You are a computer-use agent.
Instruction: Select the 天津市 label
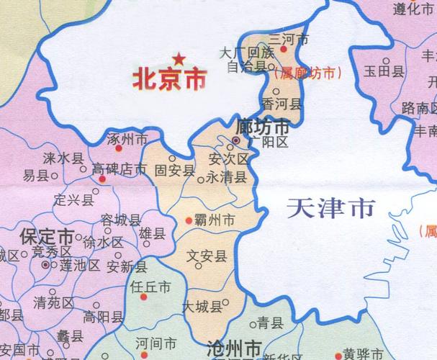[330, 209]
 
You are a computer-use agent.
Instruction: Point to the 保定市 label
[46, 237]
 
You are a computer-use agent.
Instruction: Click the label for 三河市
[288, 40]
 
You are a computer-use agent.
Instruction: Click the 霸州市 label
[219, 219]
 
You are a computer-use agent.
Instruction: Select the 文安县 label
[207, 254]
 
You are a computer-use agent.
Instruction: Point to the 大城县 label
[202, 307]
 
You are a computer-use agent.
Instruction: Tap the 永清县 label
[226, 176]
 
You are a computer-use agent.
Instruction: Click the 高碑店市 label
[119, 170]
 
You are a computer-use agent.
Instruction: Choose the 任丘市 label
[151, 287]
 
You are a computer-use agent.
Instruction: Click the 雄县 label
[152, 233]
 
